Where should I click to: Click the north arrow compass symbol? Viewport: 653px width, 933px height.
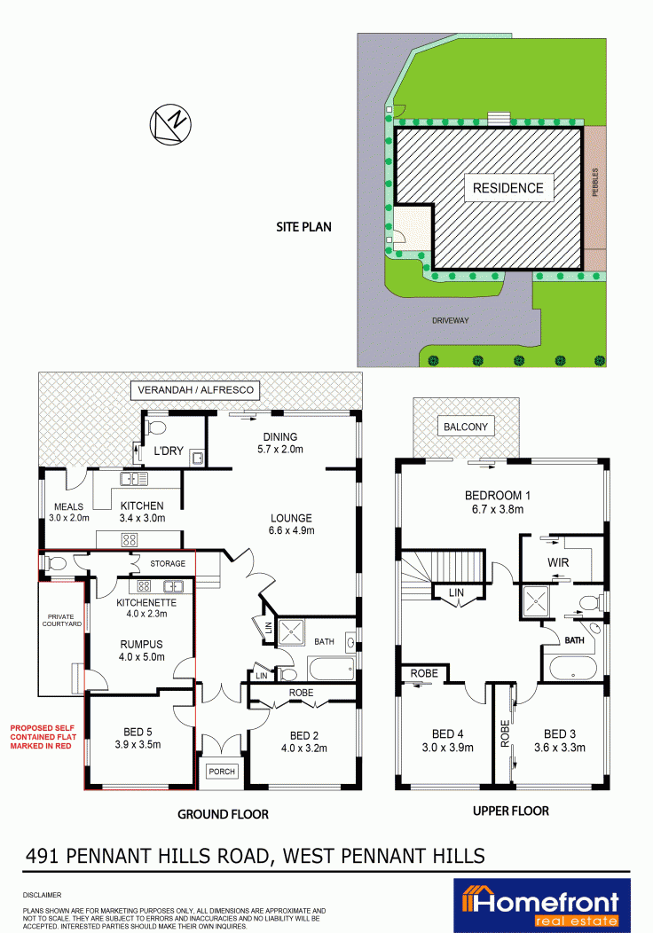[170, 124]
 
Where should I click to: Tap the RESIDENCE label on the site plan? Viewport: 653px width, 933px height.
[508, 188]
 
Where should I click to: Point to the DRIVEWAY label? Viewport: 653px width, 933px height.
[451, 320]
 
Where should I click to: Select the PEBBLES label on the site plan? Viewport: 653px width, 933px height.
[595, 182]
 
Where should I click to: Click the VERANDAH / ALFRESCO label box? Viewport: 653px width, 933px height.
[196, 390]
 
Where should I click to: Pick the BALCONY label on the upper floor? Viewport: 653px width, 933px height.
[466, 427]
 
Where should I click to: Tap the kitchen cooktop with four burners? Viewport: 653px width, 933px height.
[130, 540]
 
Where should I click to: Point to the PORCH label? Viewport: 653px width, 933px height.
[222, 772]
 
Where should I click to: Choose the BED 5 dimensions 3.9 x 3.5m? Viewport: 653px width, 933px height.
[138, 744]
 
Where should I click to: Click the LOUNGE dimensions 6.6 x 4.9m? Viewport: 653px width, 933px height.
[292, 530]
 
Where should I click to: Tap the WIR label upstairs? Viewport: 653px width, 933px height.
[558, 562]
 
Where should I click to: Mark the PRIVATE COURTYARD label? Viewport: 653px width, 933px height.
[62, 620]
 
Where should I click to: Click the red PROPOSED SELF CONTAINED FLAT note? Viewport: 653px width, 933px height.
[43, 737]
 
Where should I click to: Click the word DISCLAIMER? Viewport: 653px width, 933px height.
[42, 895]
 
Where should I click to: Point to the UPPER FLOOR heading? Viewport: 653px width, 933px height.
[511, 811]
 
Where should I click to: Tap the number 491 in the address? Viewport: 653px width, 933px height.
[43, 856]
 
